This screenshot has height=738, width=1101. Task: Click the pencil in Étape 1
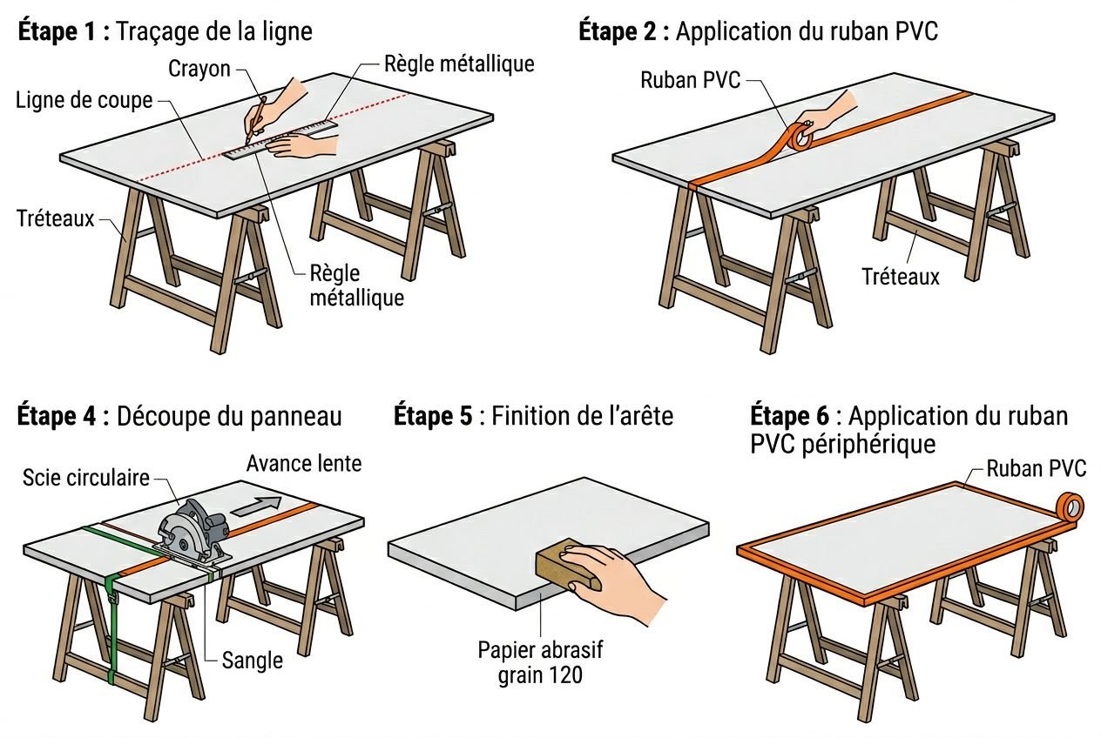click(254, 120)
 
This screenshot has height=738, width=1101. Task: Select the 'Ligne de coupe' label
click(84, 100)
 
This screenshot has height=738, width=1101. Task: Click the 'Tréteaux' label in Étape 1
click(55, 218)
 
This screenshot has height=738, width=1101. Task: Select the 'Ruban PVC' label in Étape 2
click(690, 80)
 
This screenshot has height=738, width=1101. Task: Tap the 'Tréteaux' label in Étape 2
click(901, 277)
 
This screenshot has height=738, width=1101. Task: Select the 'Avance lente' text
click(303, 463)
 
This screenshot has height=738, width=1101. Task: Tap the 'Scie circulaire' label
click(86, 477)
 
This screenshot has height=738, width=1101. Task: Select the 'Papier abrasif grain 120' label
click(540, 662)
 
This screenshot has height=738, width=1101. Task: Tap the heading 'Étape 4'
click(58, 416)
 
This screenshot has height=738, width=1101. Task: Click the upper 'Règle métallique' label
click(459, 64)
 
